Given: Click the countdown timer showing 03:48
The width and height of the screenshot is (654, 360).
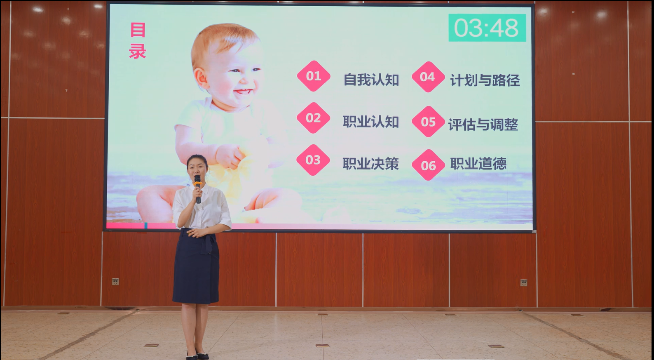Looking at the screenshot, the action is [x=487, y=28].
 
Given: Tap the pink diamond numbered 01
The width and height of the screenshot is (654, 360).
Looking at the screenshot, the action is [x=314, y=76].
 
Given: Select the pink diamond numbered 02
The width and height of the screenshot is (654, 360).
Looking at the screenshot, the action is [x=313, y=118].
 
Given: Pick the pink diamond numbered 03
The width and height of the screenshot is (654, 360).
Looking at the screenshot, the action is [x=313, y=160].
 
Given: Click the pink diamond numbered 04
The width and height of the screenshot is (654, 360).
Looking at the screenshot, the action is [x=428, y=77].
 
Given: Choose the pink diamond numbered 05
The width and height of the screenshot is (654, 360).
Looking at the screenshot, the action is [x=428, y=122].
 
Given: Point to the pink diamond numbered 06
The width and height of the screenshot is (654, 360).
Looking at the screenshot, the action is [x=428, y=165].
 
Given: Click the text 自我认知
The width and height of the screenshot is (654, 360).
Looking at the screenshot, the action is [x=371, y=80].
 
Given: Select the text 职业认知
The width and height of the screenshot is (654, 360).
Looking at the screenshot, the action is [x=371, y=122].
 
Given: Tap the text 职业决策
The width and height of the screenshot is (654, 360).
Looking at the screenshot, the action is [x=370, y=164].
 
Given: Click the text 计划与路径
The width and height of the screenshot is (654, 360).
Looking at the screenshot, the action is [x=485, y=80].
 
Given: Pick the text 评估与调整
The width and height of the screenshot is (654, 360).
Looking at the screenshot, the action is [x=483, y=125].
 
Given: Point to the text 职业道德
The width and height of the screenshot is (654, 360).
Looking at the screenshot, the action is [x=478, y=164].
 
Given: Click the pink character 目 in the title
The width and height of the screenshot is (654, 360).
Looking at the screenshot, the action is [x=138, y=30].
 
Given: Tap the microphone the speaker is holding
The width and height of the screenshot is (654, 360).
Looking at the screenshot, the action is [x=198, y=189].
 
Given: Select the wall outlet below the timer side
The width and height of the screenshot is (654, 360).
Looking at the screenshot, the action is [x=524, y=282].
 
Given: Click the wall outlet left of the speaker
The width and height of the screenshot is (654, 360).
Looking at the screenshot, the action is [x=115, y=282].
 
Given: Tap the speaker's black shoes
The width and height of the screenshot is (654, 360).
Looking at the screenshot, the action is [x=198, y=355].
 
